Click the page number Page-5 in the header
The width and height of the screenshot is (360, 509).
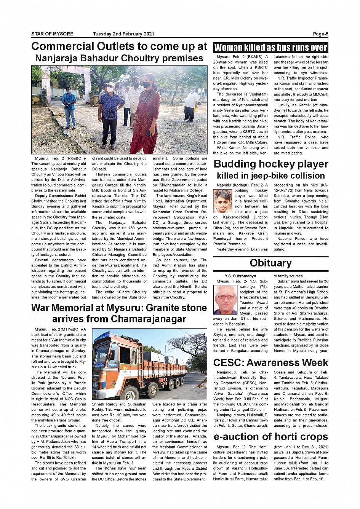tap(320, 34)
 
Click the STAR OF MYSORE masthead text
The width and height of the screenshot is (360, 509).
tap(52, 34)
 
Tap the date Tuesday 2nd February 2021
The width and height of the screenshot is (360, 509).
tap(123, 34)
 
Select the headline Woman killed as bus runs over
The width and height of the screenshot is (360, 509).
tap(270, 48)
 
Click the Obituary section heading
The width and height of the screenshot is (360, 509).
tap(270, 263)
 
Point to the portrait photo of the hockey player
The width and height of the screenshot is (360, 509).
tap(222, 201)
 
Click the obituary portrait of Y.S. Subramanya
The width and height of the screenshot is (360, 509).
tap(225, 300)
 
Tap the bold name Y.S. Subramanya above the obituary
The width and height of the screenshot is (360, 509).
tap(240, 276)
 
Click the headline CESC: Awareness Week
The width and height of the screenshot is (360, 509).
tap(270, 362)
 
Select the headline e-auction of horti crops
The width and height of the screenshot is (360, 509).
tap(270, 437)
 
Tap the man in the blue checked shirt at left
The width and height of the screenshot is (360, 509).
tap(69, 107)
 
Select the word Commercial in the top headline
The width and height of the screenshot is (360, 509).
tap(62, 46)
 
